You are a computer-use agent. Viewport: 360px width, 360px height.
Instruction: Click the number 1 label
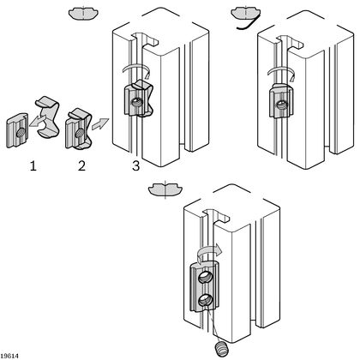coord(33,164)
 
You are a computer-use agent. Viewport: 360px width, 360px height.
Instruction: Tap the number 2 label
coord(81,164)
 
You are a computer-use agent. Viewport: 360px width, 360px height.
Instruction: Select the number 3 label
coord(135,164)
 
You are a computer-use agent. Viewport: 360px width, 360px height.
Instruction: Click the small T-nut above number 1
coord(20,129)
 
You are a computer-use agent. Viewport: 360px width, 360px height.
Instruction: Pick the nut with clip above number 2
coord(76,128)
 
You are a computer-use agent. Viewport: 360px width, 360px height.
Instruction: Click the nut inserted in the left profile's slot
coord(137,103)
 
